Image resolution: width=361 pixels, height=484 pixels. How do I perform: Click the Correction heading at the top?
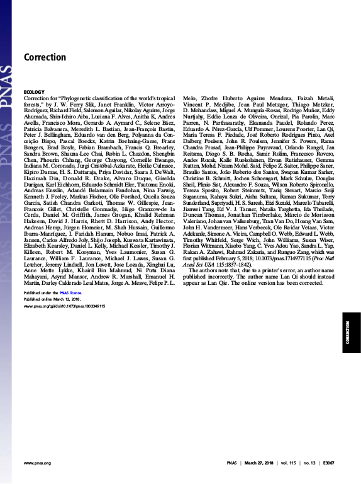click(45, 57)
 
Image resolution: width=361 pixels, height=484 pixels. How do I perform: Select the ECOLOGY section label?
click(35, 92)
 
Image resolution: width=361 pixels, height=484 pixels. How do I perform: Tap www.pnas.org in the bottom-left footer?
click(37, 463)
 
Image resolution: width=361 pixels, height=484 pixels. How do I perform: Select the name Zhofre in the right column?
click(208, 100)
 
